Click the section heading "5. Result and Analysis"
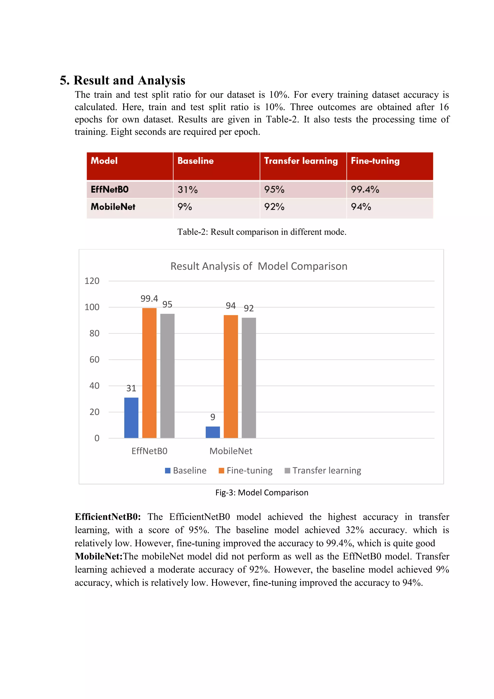[122, 80]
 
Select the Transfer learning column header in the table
[301, 161]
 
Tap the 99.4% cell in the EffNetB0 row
[365, 190]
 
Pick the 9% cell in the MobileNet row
[185, 207]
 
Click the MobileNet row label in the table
[113, 207]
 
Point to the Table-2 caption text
[262, 232]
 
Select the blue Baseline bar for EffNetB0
[131, 418]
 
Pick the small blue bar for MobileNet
[213, 432]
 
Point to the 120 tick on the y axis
[92, 281]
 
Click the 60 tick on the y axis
[94, 360]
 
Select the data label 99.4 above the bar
[149, 299]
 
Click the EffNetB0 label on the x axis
[149, 451]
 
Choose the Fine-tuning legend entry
[246, 470]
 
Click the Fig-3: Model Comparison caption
[262, 492]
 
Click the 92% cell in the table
[274, 207]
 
